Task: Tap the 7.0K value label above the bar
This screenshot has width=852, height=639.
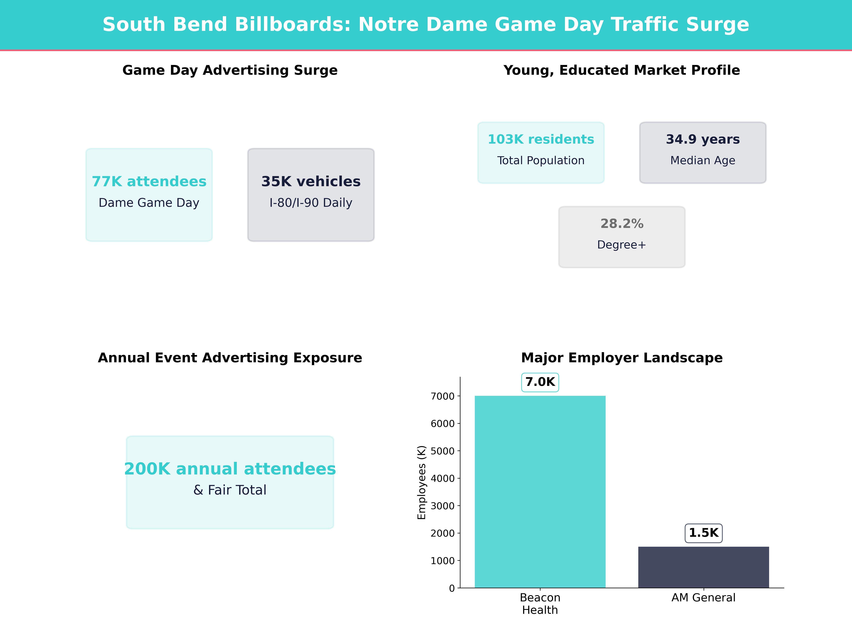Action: coord(540,382)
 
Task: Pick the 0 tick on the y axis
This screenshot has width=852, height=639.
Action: coord(452,588)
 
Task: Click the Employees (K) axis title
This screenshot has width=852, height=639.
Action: coord(422,482)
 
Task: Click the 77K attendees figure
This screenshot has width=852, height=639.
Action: coord(149,181)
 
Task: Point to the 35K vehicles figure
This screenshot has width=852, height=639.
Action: coord(311,181)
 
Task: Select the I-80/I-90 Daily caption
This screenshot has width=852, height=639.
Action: coord(311,203)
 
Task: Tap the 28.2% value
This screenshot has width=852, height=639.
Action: coord(622,223)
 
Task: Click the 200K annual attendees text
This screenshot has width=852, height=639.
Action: coord(230,469)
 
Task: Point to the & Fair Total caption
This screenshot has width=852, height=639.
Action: coord(230,490)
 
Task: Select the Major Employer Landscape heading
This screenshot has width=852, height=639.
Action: coord(622,358)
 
